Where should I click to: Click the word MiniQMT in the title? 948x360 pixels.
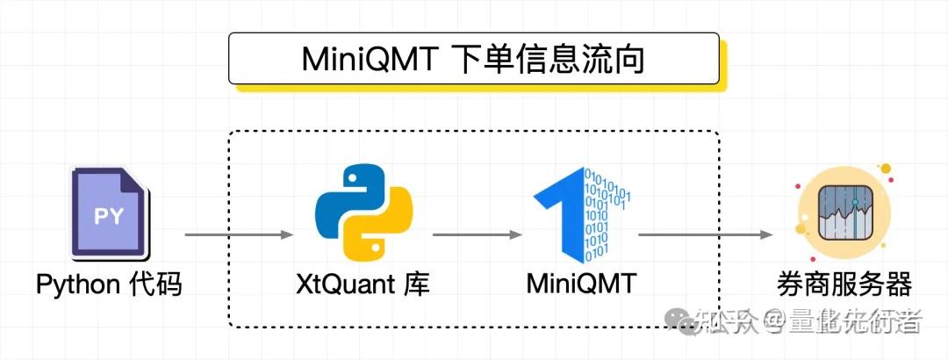tap(368, 61)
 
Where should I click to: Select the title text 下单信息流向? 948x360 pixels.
tap(552, 61)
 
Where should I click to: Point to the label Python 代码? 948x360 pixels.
tap(109, 284)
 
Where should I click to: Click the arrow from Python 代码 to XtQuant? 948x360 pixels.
tap(238, 234)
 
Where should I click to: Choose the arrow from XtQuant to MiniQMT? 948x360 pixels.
tap(478, 234)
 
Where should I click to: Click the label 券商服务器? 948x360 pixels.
tap(844, 284)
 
